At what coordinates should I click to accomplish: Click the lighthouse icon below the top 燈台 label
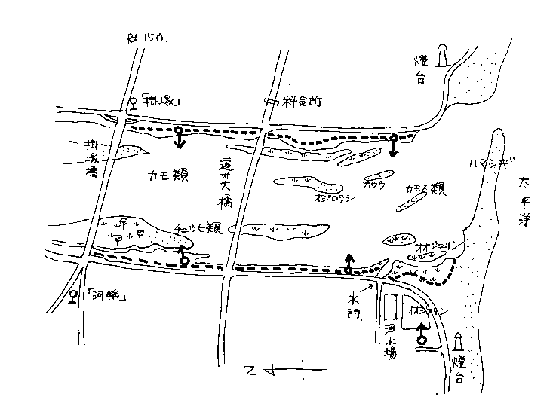tap(445, 55)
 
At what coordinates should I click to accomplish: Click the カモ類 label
tap(170, 177)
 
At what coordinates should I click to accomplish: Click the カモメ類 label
tap(425, 187)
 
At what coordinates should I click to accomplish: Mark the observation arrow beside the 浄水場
tap(421, 332)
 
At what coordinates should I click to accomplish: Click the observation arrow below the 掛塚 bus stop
tap(178, 138)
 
